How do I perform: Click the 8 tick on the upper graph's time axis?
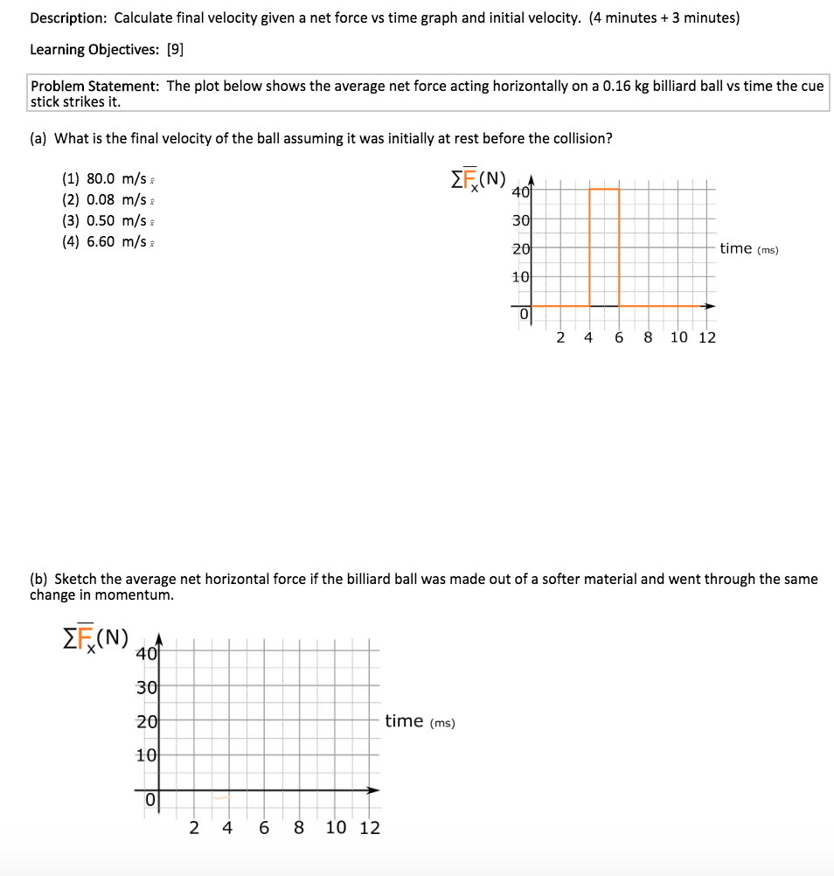click(x=648, y=337)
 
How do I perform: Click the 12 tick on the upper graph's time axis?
click(x=707, y=337)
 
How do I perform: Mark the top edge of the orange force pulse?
click(x=604, y=189)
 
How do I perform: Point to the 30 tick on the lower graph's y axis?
click(x=146, y=687)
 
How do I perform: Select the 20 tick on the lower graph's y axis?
click(x=146, y=721)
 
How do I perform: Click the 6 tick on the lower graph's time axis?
click(x=263, y=827)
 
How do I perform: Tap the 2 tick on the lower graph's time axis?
click(x=194, y=827)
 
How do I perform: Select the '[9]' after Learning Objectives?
click(x=175, y=50)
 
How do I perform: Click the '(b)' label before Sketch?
click(x=39, y=579)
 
